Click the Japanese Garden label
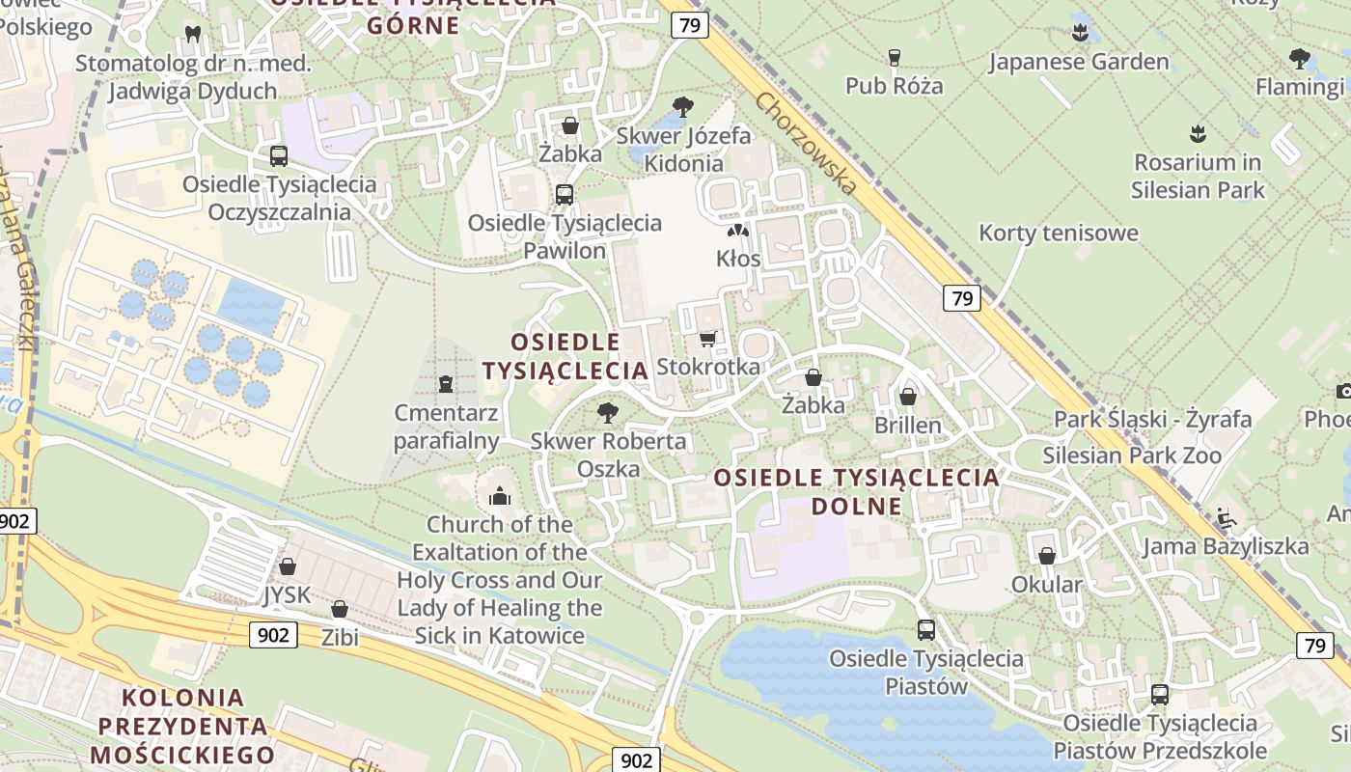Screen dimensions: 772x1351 [1078, 63]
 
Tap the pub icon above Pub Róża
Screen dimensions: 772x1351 [894, 58]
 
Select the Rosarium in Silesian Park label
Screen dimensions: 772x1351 [1197, 176]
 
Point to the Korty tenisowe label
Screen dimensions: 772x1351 [1059, 233]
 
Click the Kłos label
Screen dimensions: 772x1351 [738, 259]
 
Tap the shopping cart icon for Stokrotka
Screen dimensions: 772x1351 [708, 339]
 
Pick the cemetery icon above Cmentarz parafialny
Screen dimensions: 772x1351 [445, 384]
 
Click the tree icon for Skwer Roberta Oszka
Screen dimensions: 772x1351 [607, 413]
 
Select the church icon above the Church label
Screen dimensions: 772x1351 [500, 496]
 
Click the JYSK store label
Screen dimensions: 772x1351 [288, 595]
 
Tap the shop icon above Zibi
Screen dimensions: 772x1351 [339, 609]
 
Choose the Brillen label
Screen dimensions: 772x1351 [907, 425]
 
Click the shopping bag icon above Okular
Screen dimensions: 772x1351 [1047, 556]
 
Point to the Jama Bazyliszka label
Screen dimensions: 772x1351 [1226, 546]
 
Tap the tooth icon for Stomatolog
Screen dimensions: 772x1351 [192, 34]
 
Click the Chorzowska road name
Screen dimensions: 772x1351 [806, 143]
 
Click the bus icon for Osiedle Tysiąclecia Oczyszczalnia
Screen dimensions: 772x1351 [279, 155]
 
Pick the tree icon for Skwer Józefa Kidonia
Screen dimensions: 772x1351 [683, 106]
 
